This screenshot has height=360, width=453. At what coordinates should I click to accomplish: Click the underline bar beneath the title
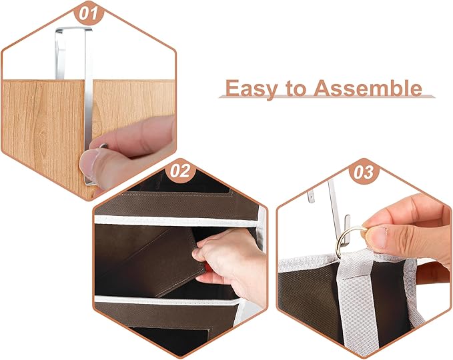[x=327, y=98]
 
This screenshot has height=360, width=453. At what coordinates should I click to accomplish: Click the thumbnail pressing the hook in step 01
[x=89, y=160]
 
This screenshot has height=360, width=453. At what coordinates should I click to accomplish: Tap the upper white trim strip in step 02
[x=177, y=219]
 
